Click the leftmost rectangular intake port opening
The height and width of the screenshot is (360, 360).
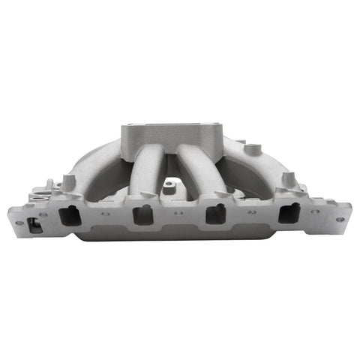[x=69, y=216]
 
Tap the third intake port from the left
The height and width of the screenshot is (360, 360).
[x=215, y=214]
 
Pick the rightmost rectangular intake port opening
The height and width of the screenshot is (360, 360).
[x=288, y=214]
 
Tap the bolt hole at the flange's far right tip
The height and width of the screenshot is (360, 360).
[x=342, y=218]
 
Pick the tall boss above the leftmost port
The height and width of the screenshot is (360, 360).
[x=69, y=182]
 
